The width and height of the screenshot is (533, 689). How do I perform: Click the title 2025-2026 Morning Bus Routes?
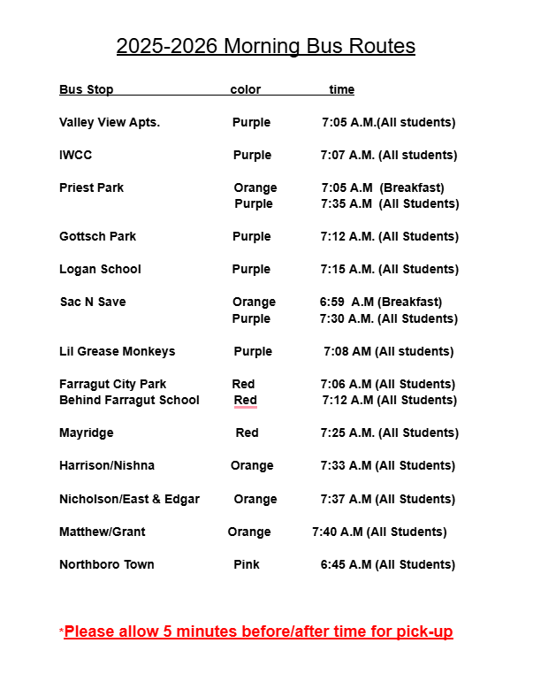coord(265,46)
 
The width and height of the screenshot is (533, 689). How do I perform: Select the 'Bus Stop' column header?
coord(86,89)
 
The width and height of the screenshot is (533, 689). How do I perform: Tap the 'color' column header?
coord(246,89)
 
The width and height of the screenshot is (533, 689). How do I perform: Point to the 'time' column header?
coord(341,89)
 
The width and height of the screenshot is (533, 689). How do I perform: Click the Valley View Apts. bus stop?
coord(110,122)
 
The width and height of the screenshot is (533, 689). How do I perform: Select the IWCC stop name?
coord(75,155)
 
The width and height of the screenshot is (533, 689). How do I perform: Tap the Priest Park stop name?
coord(91,188)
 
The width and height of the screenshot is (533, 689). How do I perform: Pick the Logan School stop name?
coord(100,269)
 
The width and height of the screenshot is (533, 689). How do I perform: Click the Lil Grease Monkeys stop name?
coord(117,351)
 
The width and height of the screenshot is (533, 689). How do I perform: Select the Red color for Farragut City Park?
coord(243,384)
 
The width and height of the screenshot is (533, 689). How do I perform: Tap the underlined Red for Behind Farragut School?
coord(246,400)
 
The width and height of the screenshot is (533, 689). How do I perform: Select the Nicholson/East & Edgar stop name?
coord(129,499)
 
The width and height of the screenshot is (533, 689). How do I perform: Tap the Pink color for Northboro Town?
coord(247,564)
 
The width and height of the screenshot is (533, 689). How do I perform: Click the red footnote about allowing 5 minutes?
coord(258,632)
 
